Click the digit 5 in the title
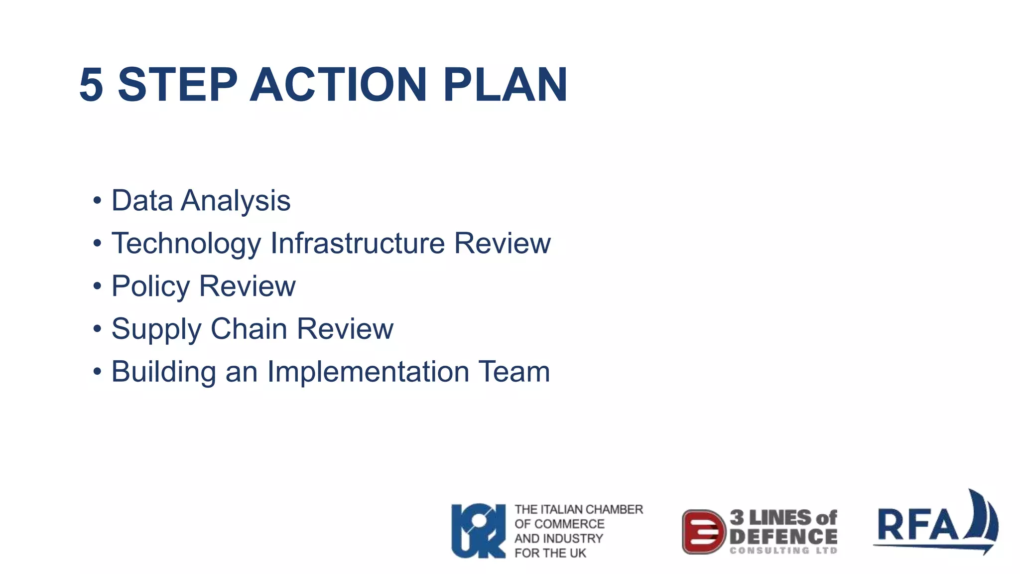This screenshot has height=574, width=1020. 91,85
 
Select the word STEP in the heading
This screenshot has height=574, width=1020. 177,85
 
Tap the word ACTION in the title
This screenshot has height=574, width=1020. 338,85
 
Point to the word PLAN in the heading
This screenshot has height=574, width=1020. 505,85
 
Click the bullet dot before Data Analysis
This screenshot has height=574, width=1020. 97,201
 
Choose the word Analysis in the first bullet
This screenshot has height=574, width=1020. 236,201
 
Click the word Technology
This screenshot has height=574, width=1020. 186,244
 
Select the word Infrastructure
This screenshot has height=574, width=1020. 357,243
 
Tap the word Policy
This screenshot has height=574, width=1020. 150,287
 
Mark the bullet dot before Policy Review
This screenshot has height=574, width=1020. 97,287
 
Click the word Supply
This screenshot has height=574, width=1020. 156,330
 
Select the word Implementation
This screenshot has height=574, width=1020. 368,372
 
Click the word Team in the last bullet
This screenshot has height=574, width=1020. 514,372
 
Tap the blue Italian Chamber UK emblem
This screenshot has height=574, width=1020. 478,531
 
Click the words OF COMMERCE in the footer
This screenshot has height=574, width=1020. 559,524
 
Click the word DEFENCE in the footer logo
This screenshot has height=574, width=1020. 783,537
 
